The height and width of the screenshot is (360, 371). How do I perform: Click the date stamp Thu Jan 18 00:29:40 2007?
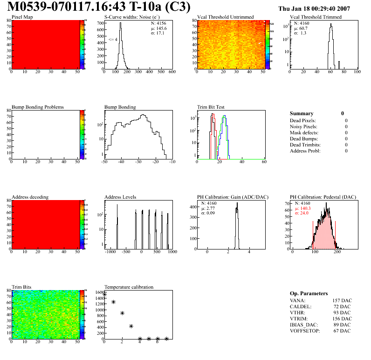coord(314,8)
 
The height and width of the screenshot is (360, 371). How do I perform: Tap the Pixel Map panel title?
coord(22,17)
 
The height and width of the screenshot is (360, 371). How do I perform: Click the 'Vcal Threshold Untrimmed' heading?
coord(225,17)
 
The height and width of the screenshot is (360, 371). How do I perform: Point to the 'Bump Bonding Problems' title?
coord(37,107)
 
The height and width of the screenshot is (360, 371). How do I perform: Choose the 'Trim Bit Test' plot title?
coord(211,107)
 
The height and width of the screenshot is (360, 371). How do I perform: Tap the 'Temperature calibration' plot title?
coord(129,287)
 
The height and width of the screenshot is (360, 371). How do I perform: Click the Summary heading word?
coord(301,113)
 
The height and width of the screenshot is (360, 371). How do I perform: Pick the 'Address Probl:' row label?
coord(305,151)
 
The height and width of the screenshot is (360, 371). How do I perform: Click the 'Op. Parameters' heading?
coord(309,293)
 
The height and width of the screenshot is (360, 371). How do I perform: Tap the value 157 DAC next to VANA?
coord(343,300)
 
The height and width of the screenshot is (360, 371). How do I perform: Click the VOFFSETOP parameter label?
coord(305,331)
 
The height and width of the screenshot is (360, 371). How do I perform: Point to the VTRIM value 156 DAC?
coord(343,318)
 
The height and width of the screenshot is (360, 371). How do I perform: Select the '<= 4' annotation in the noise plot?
coord(113,40)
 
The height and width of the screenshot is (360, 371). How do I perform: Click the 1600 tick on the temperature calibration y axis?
coord(99,292)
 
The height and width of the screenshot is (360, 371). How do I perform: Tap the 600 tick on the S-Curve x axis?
coord(172,72)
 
